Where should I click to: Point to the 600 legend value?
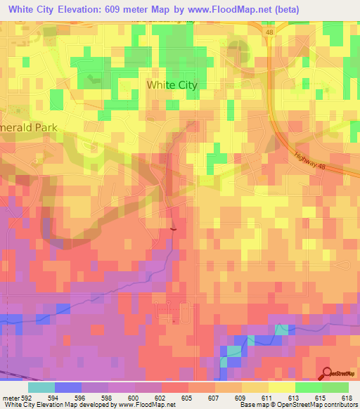122,397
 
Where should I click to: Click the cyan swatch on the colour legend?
41,387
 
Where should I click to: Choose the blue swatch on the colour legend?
68,387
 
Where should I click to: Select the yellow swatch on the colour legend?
282,387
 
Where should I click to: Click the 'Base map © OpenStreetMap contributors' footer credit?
297,405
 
